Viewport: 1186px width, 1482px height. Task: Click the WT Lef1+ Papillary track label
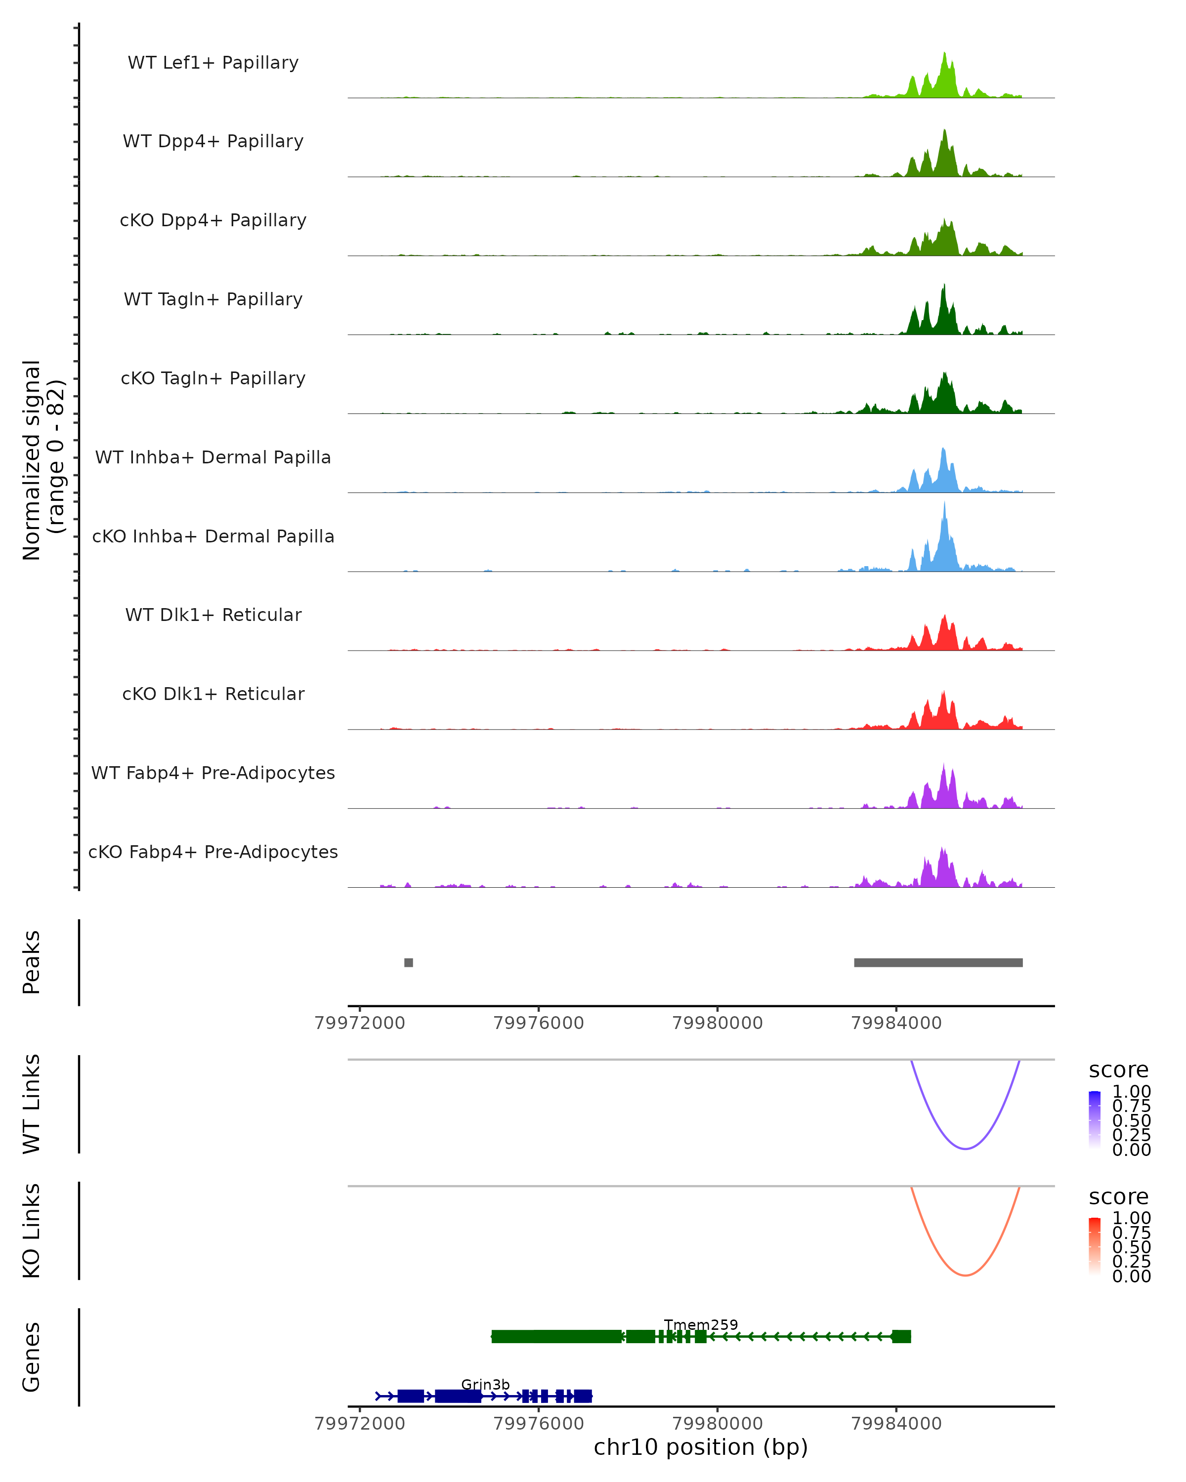point(213,63)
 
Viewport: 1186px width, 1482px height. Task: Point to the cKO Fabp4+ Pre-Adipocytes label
point(213,852)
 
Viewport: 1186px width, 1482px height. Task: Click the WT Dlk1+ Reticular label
point(213,615)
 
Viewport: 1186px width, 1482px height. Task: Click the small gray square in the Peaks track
point(408,962)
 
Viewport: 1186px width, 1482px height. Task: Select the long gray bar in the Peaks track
point(938,962)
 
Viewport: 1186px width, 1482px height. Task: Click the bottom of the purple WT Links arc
point(965,1148)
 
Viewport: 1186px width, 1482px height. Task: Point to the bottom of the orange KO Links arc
point(965,1275)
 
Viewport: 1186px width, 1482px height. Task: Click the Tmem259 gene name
point(701,1324)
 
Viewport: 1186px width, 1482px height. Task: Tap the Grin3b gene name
point(485,1384)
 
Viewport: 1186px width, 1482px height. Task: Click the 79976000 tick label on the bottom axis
point(538,1423)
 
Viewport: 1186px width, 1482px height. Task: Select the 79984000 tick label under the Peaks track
point(896,1023)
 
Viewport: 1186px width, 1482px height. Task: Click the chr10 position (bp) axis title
point(701,1447)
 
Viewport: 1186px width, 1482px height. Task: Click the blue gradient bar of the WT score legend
point(1095,1119)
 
